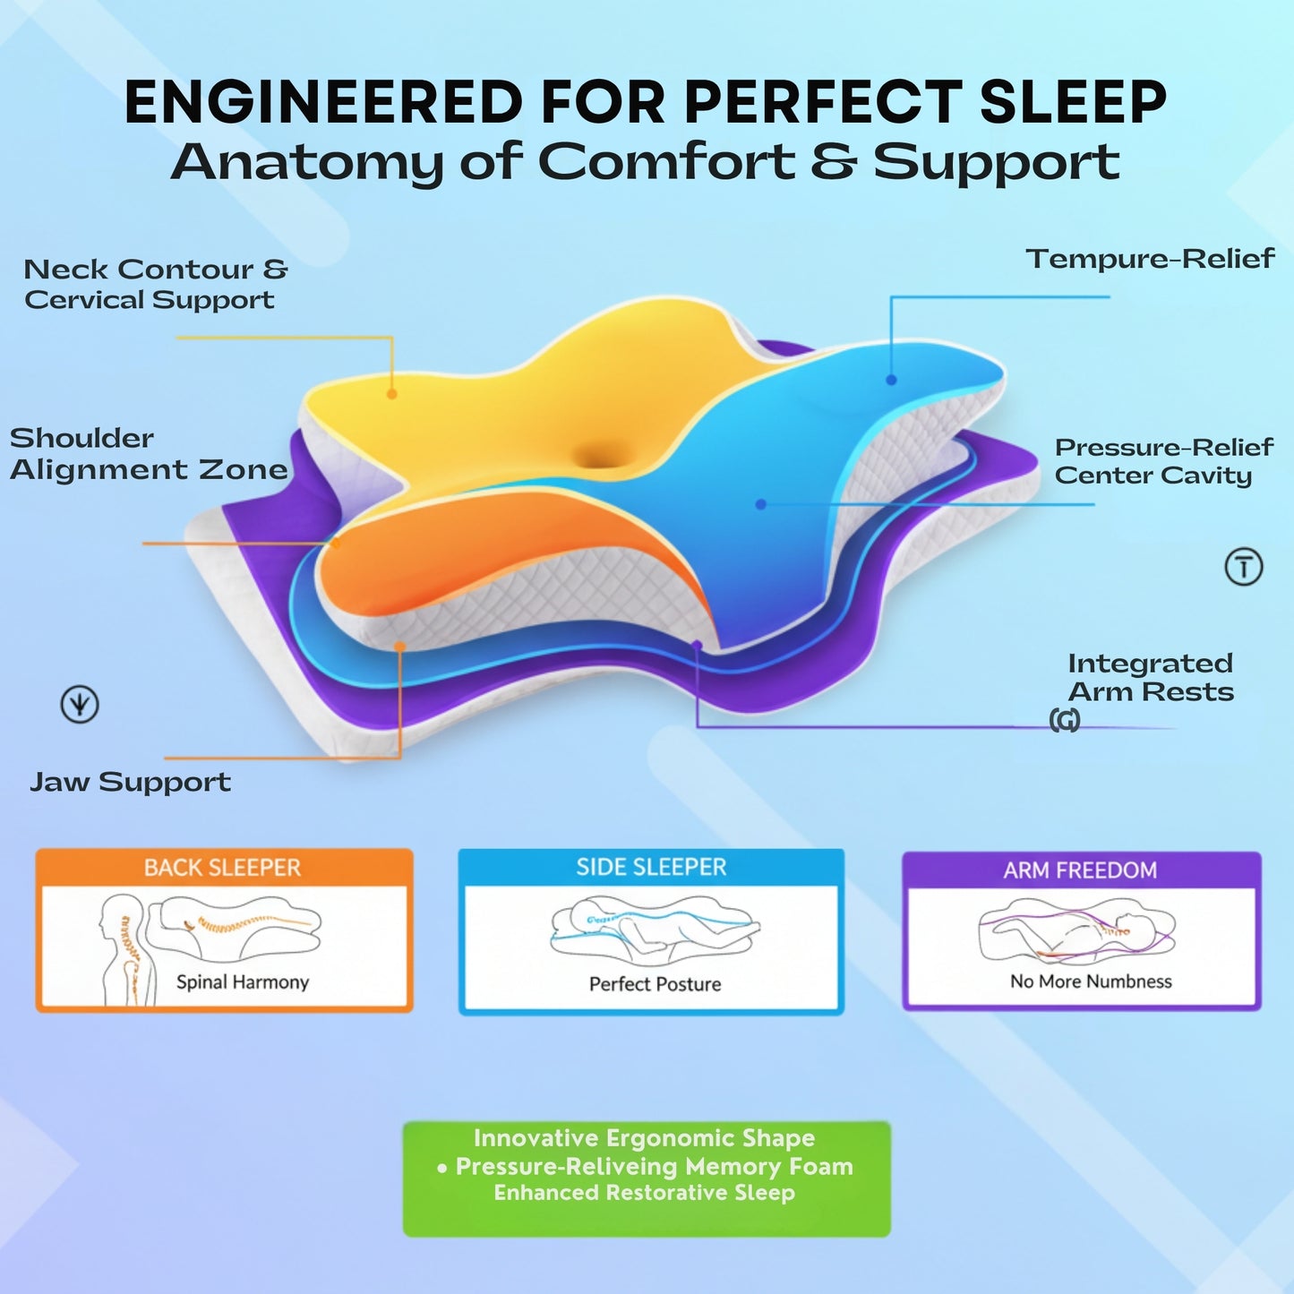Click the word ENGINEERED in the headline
[x=323, y=102]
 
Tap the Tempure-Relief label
[x=1150, y=259]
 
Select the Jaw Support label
[x=131, y=782]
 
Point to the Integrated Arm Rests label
[x=1151, y=677]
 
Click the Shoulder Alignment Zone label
[x=149, y=454]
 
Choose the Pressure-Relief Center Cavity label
[x=1163, y=460]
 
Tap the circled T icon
[x=1243, y=567]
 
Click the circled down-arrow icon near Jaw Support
[x=80, y=705]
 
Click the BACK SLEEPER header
[x=223, y=868]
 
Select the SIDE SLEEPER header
[x=651, y=867]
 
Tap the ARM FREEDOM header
[x=1080, y=870]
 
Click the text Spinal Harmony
[x=243, y=982]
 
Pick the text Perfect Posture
[x=655, y=984]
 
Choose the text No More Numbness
[x=1091, y=981]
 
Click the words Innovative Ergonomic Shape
[x=644, y=1138]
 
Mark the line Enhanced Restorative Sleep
[x=644, y=1193]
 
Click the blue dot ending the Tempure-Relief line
[x=891, y=380]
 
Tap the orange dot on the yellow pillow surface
[x=391, y=393]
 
